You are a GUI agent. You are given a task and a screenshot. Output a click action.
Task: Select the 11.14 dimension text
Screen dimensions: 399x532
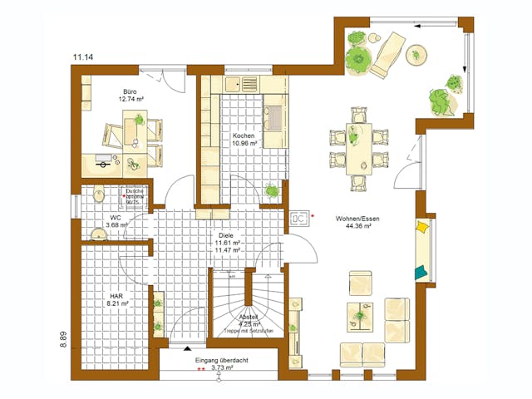tap(82, 57)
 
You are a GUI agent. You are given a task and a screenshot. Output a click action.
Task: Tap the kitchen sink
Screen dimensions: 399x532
tap(248, 83)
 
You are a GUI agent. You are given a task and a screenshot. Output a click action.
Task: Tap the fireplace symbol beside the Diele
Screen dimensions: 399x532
tap(299, 219)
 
